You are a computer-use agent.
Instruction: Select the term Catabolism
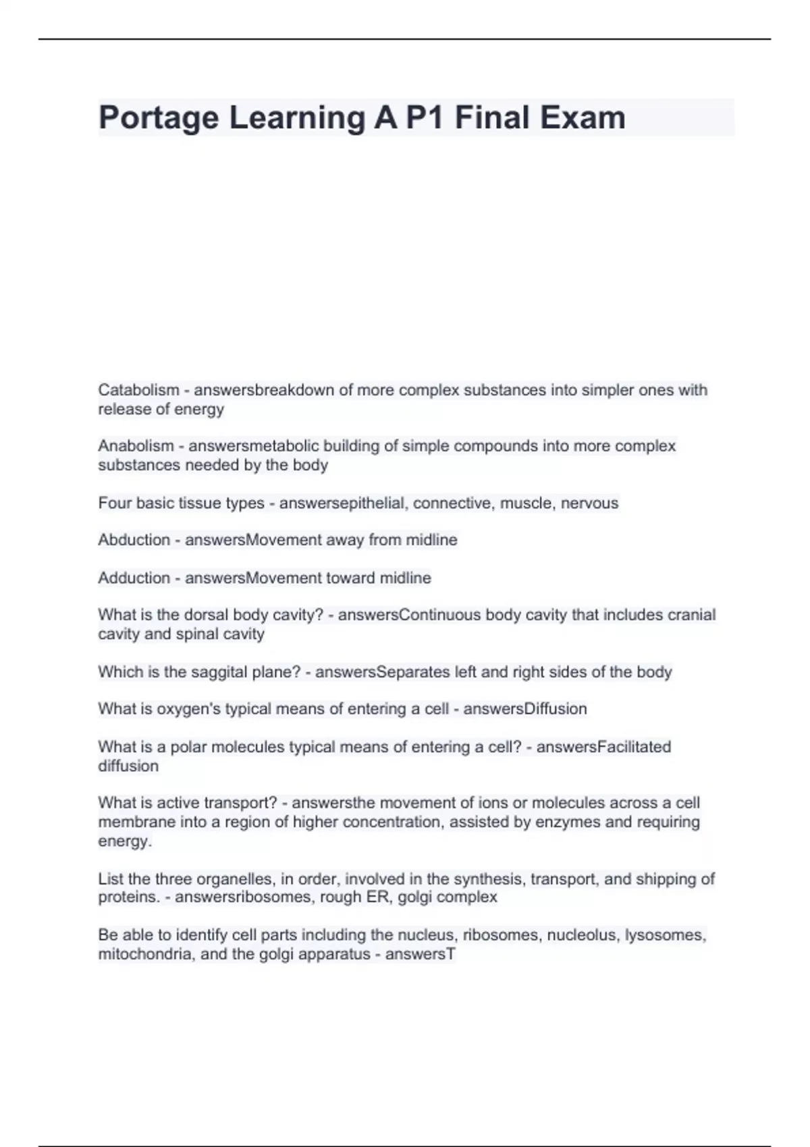pos(138,390)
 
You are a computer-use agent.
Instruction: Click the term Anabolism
pos(136,446)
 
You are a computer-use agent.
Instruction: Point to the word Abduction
pos(134,540)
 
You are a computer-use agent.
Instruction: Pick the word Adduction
pos(134,578)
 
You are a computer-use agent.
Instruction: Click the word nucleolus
pos(585,935)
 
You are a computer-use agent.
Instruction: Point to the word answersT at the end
pos(421,955)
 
